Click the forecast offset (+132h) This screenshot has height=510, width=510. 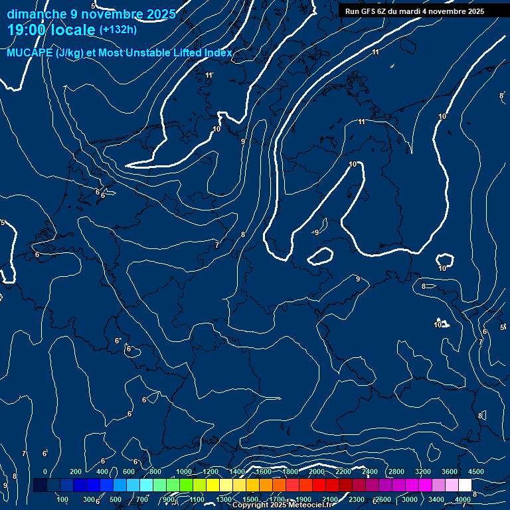click(x=118, y=29)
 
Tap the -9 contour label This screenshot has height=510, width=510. click(x=315, y=232)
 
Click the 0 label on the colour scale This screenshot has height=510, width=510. click(x=45, y=471)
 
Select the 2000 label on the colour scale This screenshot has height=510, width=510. click(x=317, y=471)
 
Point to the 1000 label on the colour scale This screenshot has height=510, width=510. click(x=184, y=471)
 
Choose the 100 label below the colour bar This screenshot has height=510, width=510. click(x=63, y=499)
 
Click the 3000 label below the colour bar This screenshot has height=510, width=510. click(x=410, y=499)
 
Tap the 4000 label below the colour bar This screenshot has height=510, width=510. click(x=463, y=499)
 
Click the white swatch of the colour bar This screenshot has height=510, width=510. click(x=465, y=485)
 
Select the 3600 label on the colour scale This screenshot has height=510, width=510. click(x=450, y=471)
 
